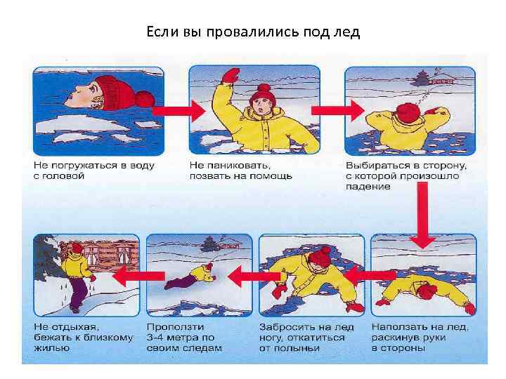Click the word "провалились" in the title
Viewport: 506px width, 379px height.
(x=253, y=32)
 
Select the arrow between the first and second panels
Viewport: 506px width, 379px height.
(x=179, y=111)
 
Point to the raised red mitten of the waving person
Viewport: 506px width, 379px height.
(x=231, y=75)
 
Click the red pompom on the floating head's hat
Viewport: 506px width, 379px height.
(x=145, y=99)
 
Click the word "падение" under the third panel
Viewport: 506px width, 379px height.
(x=368, y=187)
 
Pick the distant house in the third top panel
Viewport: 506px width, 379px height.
(x=441, y=81)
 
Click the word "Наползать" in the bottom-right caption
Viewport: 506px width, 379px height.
(x=396, y=327)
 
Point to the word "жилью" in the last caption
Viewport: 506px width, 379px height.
(x=51, y=348)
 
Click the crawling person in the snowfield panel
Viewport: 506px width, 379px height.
(x=190, y=276)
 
